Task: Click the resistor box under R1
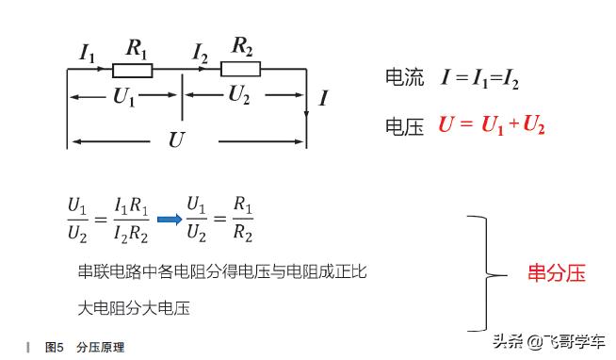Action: pos(133,70)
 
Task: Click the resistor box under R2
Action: pos(240,68)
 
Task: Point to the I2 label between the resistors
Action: pos(200,54)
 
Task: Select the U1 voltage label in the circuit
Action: pos(123,95)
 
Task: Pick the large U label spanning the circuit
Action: pos(176,140)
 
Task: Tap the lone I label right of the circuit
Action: pos(323,97)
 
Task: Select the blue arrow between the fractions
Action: pos(169,220)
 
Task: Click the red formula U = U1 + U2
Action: pos(491,125)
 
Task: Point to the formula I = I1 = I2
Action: pos(480,79)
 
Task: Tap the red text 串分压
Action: pos(557,273)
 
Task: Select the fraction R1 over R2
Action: pos(242,219)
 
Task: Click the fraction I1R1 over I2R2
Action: pos(131,219)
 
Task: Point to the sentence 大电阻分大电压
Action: pos(136,308)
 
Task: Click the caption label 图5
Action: pos(54,348)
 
